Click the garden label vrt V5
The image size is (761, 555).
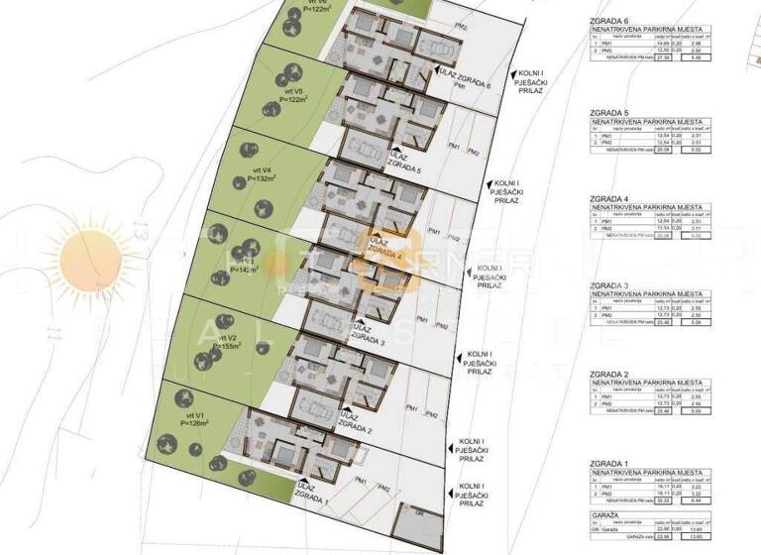click(289, 93)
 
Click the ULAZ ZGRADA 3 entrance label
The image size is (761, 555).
click(368, 336)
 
